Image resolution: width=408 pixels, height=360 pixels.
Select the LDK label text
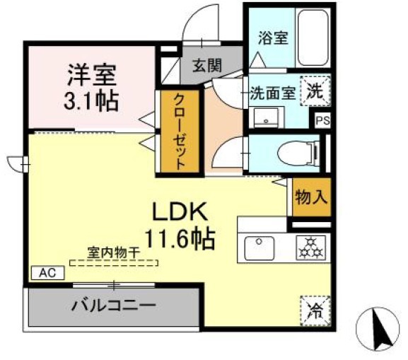click(x=180, y=212)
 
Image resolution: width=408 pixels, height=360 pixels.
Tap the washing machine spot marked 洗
click(x=315, y=91)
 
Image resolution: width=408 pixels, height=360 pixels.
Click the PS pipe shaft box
click(x=322, y=120)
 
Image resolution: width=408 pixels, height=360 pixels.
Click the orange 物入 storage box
click(x=311, y=197)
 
